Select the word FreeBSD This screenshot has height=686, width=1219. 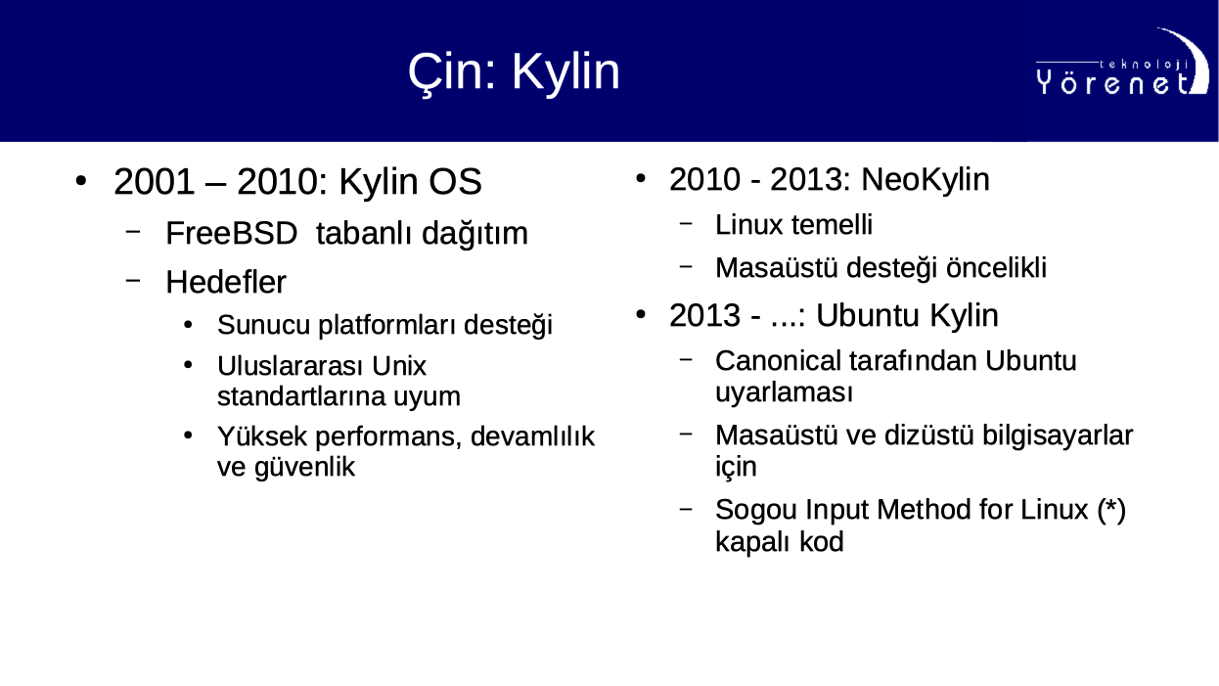point(231,233)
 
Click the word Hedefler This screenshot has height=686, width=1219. point(226,282)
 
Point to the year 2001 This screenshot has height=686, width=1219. point(154,181)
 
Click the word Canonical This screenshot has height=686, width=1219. point(778,360)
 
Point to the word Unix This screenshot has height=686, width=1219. point(399,366)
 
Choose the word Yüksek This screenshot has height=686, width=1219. point(262,436)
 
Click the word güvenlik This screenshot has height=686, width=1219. point(305,468)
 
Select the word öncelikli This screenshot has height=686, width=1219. point(996,267)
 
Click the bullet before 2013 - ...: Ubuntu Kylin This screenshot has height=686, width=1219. point(641,315)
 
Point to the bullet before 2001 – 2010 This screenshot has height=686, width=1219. point(81,181)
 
